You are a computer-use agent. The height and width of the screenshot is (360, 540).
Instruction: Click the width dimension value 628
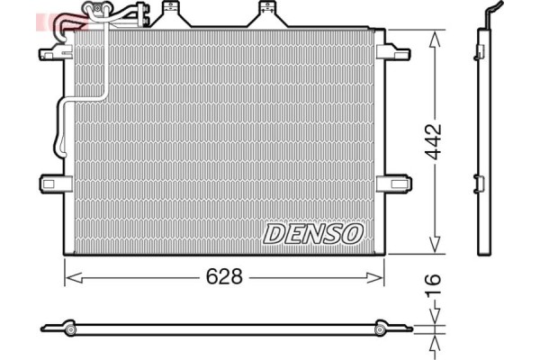(224, 277)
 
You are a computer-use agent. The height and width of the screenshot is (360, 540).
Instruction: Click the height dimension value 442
(435, 142)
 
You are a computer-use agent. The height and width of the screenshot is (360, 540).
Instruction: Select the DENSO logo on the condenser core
(312, 233)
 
